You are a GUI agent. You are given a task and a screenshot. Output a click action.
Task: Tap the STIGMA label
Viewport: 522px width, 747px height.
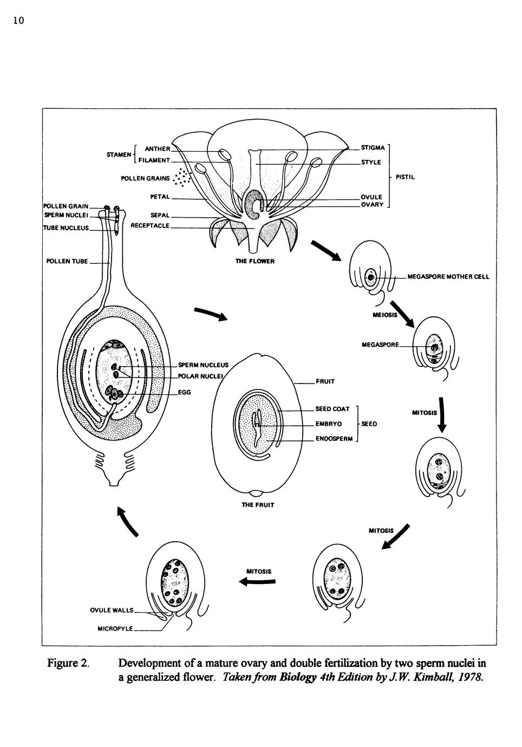click(373, 147)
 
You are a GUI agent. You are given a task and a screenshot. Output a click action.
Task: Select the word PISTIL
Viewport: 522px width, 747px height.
click(405, 177)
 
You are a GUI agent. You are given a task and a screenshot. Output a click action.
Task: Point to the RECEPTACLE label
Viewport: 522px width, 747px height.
click(150, 225)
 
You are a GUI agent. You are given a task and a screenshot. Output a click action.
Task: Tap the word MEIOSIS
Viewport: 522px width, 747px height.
click(385, 315)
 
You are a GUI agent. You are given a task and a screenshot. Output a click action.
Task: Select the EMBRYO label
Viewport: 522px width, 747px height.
click(328, 424)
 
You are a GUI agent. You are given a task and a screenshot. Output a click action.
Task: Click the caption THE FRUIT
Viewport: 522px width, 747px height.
click(258, 505)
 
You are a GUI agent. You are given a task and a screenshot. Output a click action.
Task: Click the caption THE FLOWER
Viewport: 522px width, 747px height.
click(255, 261)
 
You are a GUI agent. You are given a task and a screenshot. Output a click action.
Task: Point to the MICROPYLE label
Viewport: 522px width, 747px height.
click(115, 629)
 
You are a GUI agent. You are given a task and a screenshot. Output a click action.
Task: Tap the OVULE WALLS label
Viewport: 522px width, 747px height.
click(112, 610)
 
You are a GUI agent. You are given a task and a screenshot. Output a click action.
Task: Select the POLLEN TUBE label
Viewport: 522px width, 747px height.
click(67, 262)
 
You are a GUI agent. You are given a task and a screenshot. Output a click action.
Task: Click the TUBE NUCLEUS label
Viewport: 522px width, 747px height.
click(66, 228)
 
